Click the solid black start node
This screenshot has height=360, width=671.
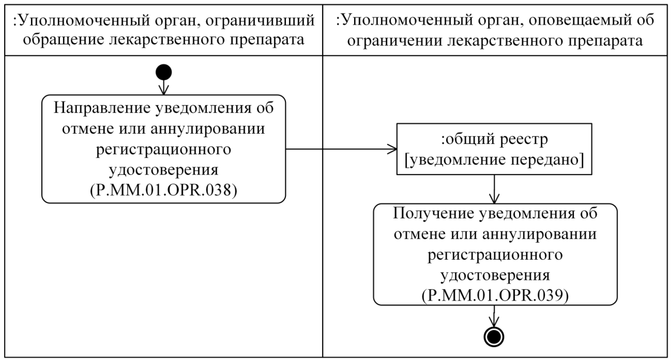[x=164, y=72]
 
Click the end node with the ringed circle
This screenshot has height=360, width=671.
[x=494, y=337]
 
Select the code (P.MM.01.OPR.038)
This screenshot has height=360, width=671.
[x=164, y=190]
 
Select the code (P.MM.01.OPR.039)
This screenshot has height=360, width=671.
[x=495, y=296]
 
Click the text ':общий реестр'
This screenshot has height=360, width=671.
[x=494, y=139]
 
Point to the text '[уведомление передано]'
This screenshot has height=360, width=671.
[x=494, y=160]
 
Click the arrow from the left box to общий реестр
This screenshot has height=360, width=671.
[x=341, y=149]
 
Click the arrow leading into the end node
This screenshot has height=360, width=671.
[x=494, y=316]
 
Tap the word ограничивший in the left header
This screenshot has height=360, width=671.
[x=260, y=21]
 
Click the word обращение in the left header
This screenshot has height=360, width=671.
[x=63, y=40]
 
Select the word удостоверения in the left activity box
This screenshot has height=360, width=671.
[x=164, y=169]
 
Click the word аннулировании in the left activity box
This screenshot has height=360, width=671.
[x=208, y=129]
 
